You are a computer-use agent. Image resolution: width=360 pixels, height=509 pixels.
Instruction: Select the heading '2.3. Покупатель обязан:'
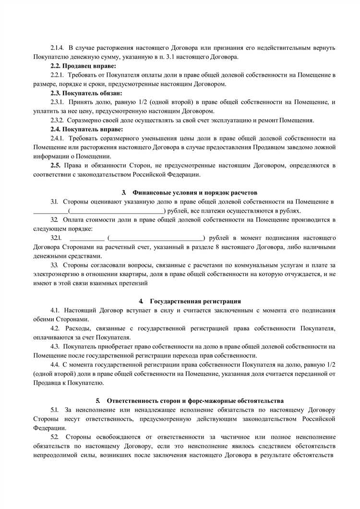click(x=86, y=93)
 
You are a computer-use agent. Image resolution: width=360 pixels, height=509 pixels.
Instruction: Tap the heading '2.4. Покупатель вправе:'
click(x=86, y=129)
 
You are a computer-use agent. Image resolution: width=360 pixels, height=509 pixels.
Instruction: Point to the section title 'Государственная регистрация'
click(x=195, y=301)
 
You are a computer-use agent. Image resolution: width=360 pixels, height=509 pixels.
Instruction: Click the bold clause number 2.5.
click(x=57, y=165)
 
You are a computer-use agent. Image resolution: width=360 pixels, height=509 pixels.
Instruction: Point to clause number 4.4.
click(x=56, y=364)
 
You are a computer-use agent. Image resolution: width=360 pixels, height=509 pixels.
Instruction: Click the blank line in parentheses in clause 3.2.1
click(x=156, y=238)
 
